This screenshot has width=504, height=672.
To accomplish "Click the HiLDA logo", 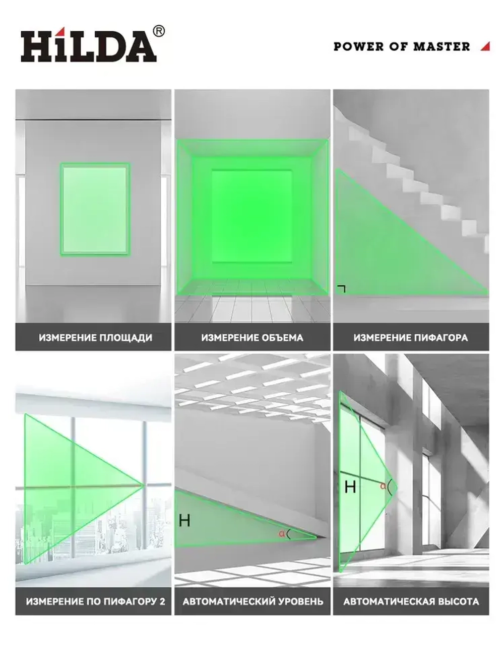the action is (x=89, y=46).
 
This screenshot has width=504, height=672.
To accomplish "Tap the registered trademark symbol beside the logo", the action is (x=159, y=31).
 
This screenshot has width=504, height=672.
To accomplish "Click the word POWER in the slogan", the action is (x=358, y=47).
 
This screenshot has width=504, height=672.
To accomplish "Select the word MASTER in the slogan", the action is (x=442, y=47).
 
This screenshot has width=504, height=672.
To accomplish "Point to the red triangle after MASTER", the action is (x=486, y=46).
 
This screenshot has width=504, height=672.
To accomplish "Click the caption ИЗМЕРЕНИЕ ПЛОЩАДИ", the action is (x=95, y=338).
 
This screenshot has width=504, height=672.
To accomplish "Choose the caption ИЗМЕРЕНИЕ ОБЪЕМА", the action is (x=252, y=338).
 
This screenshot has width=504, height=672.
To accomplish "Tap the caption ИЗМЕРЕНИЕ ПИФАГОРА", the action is (x=411, y=338).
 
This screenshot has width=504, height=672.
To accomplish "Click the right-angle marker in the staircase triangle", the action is (x=342, y=289).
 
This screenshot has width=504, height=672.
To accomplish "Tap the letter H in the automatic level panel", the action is (x=184, y=520).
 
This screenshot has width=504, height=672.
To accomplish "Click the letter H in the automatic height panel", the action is (x=350, y=486).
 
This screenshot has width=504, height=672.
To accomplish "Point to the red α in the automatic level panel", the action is (x=282, y=534).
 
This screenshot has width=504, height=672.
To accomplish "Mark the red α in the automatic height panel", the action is (x=383, y=486).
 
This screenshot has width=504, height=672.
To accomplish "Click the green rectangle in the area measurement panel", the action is (x=95, y=209).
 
